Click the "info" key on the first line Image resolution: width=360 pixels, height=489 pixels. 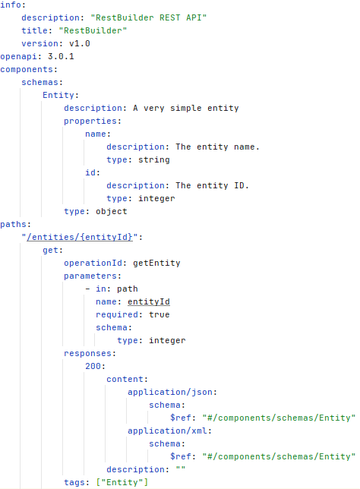click(11, 5)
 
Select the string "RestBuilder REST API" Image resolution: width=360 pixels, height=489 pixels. click(149, 17)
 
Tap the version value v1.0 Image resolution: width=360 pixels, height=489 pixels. click(80, 44)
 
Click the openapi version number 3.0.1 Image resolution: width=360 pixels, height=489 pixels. click(61, 56)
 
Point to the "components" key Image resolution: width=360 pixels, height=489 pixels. click(27, 70)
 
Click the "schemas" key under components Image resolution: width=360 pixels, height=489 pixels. click(40, 82)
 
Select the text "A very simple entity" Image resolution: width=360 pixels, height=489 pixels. click(186, 109)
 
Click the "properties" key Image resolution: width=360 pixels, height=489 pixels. click(90, 121)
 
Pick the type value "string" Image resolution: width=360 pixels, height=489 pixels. click(154, 160)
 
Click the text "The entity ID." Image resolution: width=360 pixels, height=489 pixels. click(212, 185)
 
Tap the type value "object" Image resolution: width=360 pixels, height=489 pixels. click(112, 211)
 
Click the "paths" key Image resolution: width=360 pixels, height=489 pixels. click(13, 225)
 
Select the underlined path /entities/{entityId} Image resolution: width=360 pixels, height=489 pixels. click(80, 238)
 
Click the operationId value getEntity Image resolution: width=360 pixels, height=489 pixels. click(156, 263)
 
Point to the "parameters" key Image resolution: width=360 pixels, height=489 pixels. click(90, 276)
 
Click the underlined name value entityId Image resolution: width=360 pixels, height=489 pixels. click(149, 302)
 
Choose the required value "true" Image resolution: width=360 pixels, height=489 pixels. click(159, 314)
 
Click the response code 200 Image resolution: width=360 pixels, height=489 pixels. click(93, 366)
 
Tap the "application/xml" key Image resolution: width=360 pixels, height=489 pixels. click(167, 431)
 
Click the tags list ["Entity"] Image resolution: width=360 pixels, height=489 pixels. click(122, 482)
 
